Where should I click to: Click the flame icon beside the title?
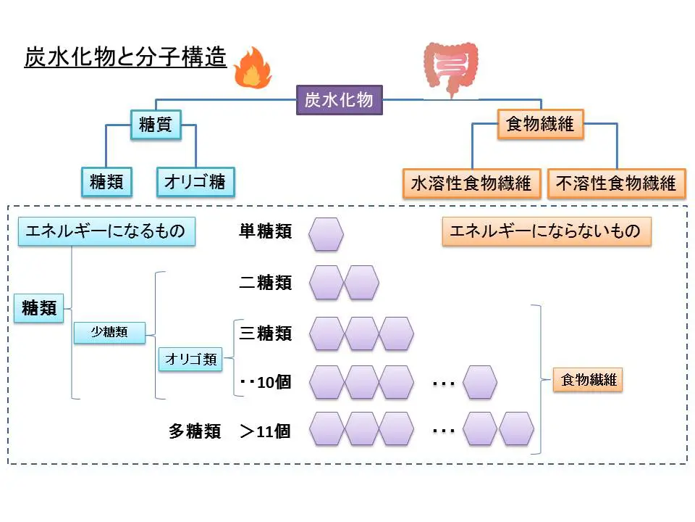(253, 67)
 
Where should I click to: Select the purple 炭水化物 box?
(339, 100)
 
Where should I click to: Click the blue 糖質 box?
(155, 125)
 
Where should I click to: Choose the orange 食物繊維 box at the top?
(540, 124)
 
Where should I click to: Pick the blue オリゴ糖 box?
(195, 182)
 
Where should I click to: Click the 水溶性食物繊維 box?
(471, 183)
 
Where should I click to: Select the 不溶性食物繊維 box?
(616, 183)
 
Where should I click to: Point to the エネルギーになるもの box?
(106, 231)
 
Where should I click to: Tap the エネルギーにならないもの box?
(546, 231)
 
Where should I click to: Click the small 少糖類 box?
(109, 333)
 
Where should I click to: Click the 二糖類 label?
(266, 283)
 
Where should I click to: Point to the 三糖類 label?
(266, 333)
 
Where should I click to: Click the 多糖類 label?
(195, 431)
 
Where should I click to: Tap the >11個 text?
(266, 431)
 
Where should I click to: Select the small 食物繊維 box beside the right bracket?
(588, 379)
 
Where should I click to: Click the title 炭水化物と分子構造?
(125, 57)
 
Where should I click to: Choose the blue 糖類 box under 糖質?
(106, 182)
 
